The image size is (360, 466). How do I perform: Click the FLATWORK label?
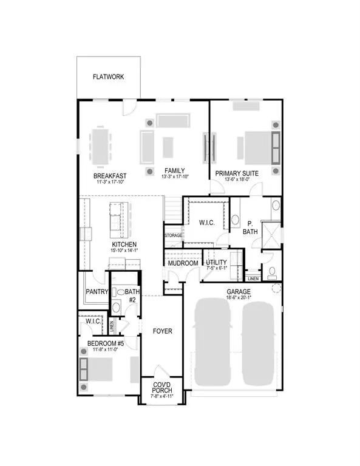[x=109, y=77]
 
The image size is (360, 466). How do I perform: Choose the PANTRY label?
[x=97, y=292]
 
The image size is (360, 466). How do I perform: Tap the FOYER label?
[x=162, y=331]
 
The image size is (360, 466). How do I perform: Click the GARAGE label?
[x=238, y=291]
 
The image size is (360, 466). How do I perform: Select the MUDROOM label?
[x=183, y=263]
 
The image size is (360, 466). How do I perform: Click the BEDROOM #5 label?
[x=106, y=343]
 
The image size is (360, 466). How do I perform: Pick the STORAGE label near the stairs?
[x=173, y=234]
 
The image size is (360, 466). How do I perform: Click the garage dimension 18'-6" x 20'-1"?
[x=238, y=298]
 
